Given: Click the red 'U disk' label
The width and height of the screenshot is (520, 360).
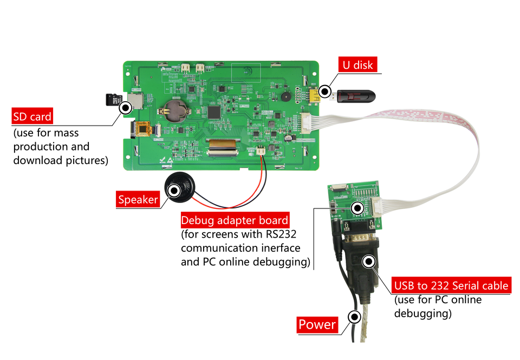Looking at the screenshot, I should (358, 65).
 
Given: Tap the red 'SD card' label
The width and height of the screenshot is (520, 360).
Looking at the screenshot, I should (32, 116).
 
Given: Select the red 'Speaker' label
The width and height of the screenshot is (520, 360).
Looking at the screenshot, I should (138, 200).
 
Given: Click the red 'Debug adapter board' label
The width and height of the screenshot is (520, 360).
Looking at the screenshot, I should (235, 220).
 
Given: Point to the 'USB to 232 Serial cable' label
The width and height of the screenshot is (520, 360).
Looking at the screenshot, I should (451, 285).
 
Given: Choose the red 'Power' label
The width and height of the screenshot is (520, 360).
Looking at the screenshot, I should (317, 324).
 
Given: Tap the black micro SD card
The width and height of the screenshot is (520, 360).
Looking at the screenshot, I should (113, 100).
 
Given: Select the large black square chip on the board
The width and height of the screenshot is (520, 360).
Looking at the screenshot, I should (215, 113).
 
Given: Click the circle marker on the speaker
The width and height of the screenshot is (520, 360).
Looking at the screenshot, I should (174, 191).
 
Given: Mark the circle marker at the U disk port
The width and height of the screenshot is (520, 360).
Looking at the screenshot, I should (324, 91).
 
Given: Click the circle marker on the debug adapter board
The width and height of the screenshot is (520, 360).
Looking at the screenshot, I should (357, 208).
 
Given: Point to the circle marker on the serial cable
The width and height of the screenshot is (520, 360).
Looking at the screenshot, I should (369, 262).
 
